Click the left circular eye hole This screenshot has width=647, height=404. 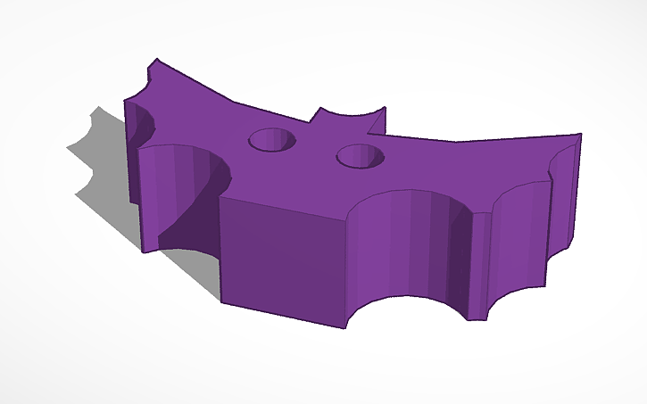(272, 139)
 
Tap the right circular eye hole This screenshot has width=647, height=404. (361, 156)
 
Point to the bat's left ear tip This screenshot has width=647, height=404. (317, 111)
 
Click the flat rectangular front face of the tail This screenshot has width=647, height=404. (281, 259)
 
